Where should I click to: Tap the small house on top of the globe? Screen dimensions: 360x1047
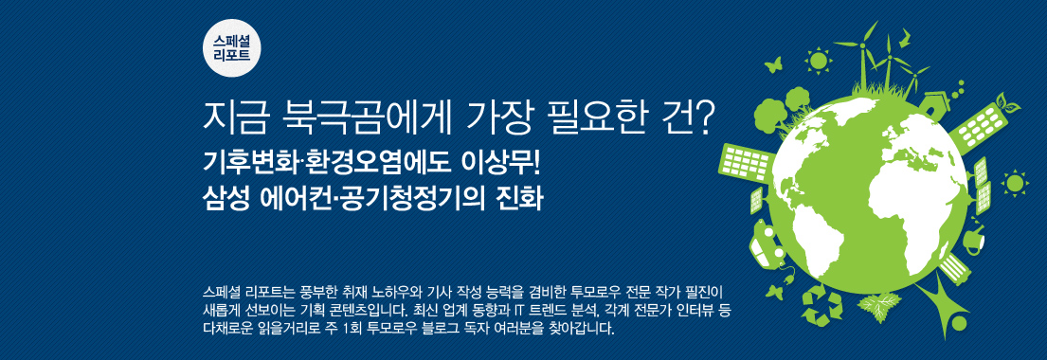coord(935,99)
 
